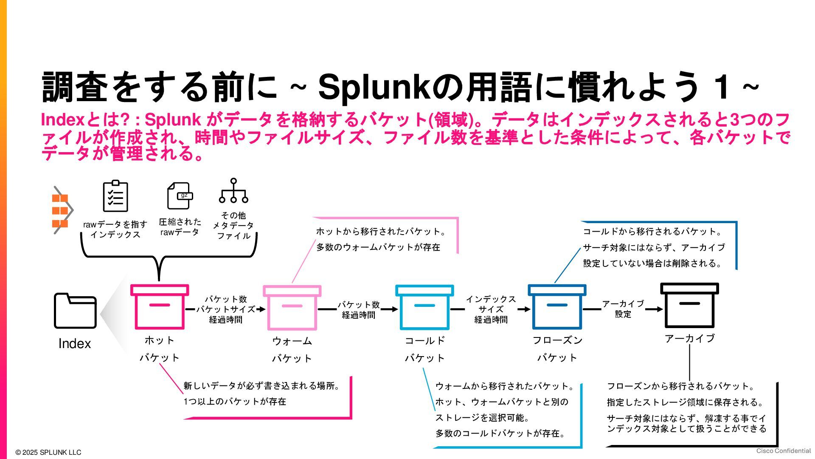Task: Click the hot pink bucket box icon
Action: [159, 307]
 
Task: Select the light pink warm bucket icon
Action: [292, 308]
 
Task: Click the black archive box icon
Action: [689, 306]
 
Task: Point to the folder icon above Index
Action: [75, 311]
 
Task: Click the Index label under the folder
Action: [75, 343]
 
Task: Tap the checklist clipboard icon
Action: [115, 196]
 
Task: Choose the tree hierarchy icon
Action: [233, 191]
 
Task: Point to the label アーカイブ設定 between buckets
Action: [623, 309]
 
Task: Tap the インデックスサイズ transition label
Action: [491, 304]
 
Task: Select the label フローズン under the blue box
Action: [557, 340]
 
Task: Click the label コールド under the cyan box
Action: [424, 340]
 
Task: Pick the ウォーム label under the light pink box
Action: [292, 341]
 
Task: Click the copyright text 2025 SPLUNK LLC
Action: [48, 452]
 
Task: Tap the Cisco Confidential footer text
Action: [783, 451]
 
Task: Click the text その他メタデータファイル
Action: [233, 226]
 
